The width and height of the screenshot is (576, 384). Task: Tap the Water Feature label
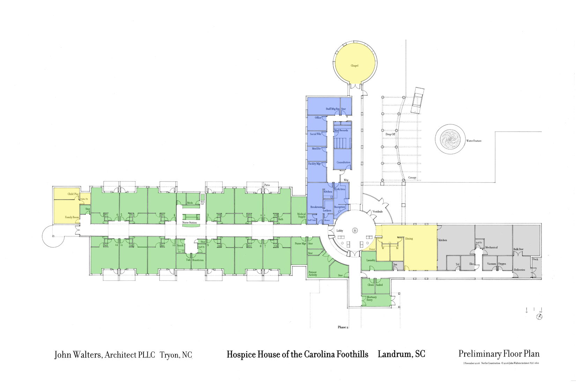click(474, 141)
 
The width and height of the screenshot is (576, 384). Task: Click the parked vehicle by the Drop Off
click(418, 101)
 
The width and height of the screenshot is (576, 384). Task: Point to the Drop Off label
click(390, 134)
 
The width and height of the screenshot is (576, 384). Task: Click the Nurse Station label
click(190, 223)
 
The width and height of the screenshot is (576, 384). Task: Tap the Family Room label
click(72, 217)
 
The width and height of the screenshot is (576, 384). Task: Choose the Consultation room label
click(344, 162)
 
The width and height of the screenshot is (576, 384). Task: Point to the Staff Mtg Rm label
click(332, 109)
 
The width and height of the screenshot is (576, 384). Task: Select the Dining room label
click(409, 239)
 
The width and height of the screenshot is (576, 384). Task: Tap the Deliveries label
click(519, 270)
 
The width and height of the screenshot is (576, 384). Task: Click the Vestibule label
click(377, 212)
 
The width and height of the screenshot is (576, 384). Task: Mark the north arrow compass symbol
click(539, 317)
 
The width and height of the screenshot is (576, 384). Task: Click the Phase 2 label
click(342, 327)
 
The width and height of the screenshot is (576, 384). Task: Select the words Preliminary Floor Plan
click(499, 354)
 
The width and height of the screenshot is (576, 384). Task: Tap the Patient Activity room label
click(313, 274)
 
